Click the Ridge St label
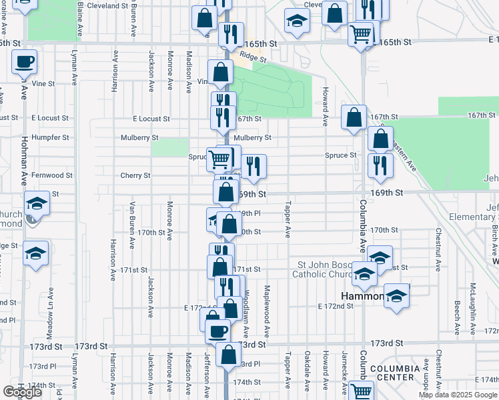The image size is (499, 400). (254, 59)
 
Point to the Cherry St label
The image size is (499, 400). (135, 175)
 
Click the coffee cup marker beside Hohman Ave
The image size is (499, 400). (24, 63)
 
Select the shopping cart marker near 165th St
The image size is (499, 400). (361, 33)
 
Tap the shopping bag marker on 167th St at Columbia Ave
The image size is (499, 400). (354, 117)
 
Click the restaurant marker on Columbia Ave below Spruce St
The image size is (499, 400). (380, 165)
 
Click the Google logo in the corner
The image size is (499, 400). (23, 392)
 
